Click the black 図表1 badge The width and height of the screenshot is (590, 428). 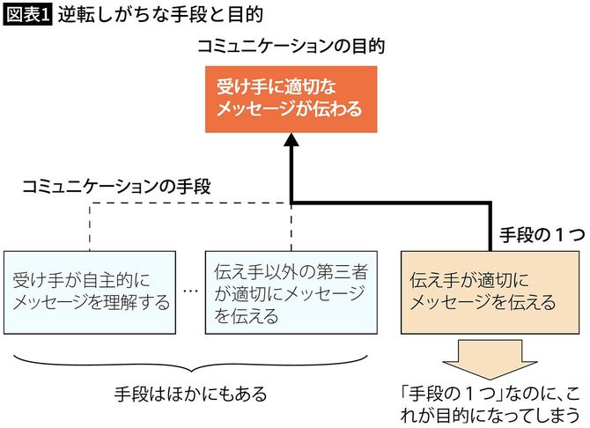coord(28,15)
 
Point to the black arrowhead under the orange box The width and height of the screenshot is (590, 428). coord(291,142)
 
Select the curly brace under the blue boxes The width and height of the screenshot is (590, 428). coord(190,361)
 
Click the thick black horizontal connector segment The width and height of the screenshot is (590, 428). coord(392,204)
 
